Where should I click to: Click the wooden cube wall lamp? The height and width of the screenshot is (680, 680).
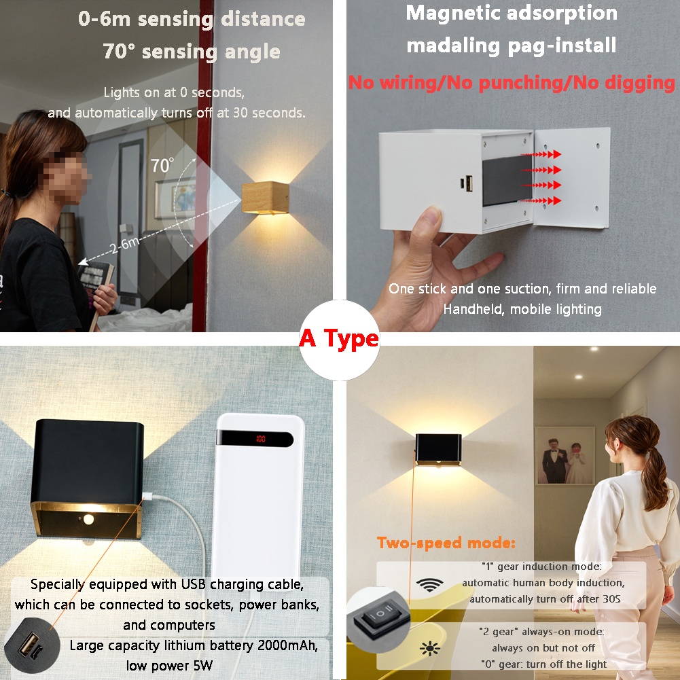[266, 198]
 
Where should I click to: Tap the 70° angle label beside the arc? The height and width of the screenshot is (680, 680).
[162, 165]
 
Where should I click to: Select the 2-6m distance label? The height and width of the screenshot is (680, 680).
[124, 245]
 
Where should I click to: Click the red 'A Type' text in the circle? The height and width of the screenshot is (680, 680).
[339, 339]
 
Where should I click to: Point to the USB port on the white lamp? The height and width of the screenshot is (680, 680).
[468, 184]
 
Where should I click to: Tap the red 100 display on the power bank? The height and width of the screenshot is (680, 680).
[261, 439]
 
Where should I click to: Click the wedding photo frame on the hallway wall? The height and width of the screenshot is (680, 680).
[565, 455]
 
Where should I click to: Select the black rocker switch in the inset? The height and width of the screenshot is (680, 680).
[380, 616]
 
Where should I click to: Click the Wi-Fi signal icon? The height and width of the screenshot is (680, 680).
[429, 585]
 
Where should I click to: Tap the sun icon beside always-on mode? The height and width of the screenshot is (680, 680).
[430, 648]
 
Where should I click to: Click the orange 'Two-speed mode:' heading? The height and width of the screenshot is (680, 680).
[446, 543]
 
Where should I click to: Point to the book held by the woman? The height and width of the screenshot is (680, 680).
[97, 286]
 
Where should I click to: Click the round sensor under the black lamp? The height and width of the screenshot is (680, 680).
[88, 519]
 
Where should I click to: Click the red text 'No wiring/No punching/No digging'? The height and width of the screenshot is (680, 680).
[512, 82]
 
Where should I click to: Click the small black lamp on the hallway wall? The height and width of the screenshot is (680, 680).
[438, 449]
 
